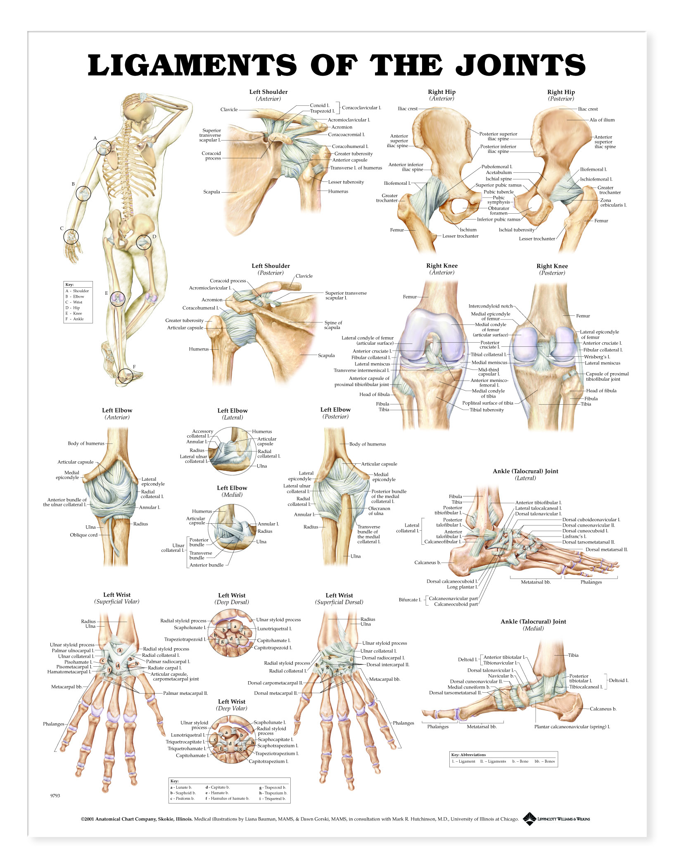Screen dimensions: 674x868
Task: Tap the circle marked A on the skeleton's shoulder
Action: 104,148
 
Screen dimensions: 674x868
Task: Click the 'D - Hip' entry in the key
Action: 73,308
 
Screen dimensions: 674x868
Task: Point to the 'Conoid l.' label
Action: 320,105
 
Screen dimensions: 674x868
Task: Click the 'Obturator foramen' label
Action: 498,211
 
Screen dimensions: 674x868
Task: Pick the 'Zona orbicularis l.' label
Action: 613,203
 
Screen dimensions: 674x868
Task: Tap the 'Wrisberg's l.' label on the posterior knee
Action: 597,357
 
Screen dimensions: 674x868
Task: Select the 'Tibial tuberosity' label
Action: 487,410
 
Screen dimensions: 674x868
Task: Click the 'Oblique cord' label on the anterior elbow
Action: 84,535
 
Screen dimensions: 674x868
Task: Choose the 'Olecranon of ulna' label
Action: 379,511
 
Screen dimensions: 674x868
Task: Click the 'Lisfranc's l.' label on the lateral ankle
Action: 574,537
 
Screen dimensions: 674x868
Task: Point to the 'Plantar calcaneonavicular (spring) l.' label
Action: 572,727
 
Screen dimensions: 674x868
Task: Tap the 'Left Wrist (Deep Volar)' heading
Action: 232,705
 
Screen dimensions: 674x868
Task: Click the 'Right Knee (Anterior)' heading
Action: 442,269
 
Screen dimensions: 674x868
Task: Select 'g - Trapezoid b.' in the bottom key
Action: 273,787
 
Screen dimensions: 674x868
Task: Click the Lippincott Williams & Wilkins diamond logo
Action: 529,818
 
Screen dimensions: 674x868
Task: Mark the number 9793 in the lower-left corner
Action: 55,796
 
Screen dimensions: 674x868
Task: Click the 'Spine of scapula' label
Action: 333,325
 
